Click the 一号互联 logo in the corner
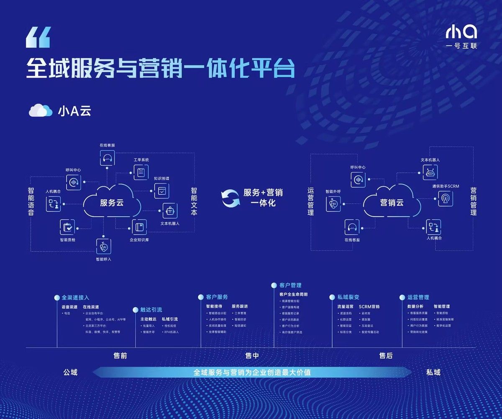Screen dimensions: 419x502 tap(461, 36)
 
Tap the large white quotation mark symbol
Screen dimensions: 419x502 tap(38, 37)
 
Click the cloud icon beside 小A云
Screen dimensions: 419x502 tap(40, 111)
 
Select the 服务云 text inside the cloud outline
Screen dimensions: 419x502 tap(112, 203)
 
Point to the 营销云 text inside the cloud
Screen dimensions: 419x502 tap(392, 203)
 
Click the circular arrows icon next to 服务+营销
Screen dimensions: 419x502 tap(231, 198)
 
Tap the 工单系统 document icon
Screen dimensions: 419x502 tap(141, 172)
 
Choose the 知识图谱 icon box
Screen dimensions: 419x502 tap(161, 191)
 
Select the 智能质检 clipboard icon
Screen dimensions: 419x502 tap(67, 227)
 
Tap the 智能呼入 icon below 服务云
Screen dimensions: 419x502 tap(103, 247)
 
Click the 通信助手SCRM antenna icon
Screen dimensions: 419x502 tap(445, 198)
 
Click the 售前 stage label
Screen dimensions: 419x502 tap(120, 356)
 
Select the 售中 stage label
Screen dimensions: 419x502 tap(252, 356)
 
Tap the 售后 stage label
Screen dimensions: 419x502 tap(386, 356)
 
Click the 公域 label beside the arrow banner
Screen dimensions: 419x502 tap(70, 372)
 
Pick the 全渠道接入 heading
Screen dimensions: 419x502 tap(75, 297)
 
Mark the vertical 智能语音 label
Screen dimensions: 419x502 tap(31, 202)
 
